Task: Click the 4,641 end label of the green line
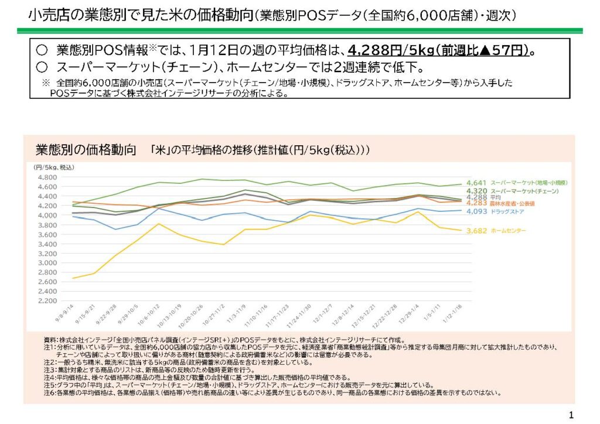(x=476, y=183)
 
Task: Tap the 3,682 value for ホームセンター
(x=476, y=231)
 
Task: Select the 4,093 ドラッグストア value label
(x=476, y=211)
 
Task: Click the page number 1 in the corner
(x=571, y=415)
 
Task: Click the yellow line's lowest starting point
(x=73, y=278)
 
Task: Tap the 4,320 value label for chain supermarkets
(x=476, y=191)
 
